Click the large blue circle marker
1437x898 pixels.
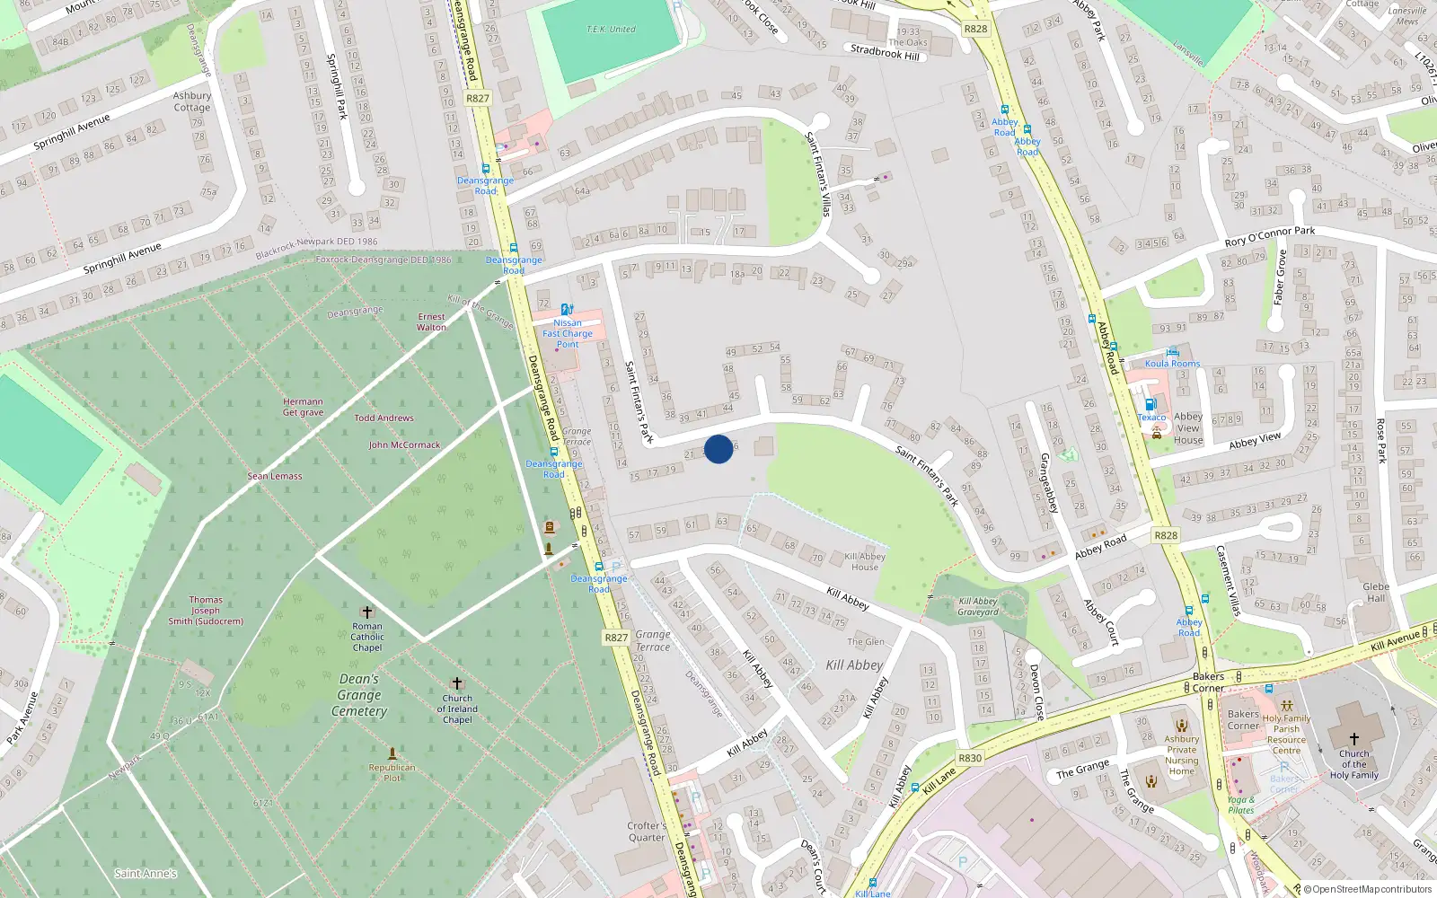[718, 449]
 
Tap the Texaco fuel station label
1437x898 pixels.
[1152, 418]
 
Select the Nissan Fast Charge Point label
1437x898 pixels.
[568, 333]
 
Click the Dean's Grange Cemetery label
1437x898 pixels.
[359, 695]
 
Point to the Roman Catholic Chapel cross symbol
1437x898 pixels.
[366, 612]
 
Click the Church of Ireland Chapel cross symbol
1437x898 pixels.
[456, 683]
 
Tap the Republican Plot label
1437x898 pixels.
[392, 772]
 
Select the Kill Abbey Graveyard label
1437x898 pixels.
[978, 607]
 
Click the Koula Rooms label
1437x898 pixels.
[1172, 364]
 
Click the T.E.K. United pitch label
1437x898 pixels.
[611, 30]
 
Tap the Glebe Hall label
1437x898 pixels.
[1376, 593]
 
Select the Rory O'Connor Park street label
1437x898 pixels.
[1269, 236]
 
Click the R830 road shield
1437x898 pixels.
[970, 758]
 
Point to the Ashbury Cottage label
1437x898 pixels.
[192, 101]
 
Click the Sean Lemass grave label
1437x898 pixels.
[275, 476]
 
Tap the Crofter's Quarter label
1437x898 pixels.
[647, 832]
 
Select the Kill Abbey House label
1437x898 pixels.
[865, 561]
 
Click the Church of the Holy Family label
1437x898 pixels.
[1353, 764]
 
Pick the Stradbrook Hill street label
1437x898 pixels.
[885, 52]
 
